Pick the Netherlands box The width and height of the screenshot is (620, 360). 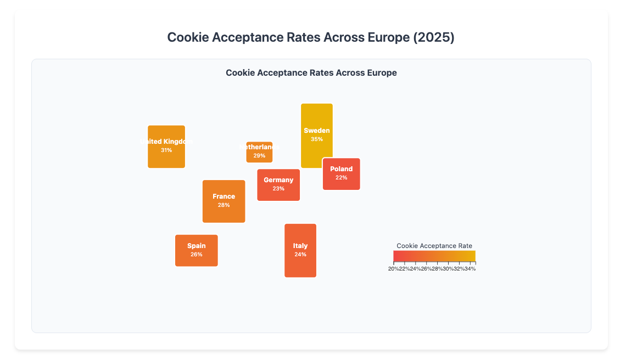pyautogui.click(x=259, y=156)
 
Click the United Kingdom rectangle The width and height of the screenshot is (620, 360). pyautogui.click(x=166, y=159)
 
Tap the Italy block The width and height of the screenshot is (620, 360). pyautogui.click(x=300, y=266)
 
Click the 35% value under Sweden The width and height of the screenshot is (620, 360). pyautogui.click(x=317, y=139)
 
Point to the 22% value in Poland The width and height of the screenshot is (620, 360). pyautogui.click(x=342, y=178)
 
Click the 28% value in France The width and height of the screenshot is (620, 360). pyautogui.click(x=224, y=205)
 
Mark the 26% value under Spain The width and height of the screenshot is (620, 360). pyautogui.click(x=197, y=255)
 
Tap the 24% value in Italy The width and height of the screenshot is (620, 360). pyautogui.click(x=300, y=255)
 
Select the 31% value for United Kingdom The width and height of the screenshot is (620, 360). pyautogui.click(x=166, y=150)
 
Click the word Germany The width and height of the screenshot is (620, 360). pyautogui.click(x=278, y=180)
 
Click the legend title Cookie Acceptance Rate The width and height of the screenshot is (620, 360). pyautogui.click(x=434, y=246)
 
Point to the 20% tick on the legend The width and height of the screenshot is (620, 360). pyautogui.click(x=394, y=268)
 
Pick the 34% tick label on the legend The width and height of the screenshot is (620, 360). pyautogui.click(x=470, y=268)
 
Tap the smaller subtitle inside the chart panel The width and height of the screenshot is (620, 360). pyautogui.click(x=311, y=72)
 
